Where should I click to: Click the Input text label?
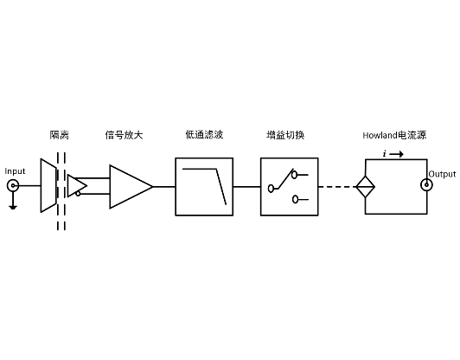(16, 171)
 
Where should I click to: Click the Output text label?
(442, 174)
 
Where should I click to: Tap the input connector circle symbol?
(13, 186)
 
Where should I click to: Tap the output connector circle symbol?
(425, 185)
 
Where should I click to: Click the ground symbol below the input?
(13, 206)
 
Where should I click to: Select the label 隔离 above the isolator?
(59, 135)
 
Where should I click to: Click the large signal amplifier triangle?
(128, 185)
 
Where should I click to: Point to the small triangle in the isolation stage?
(77, 185)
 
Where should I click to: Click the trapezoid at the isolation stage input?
(48, 185)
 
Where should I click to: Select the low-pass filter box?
(204, 186)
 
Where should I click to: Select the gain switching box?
(289, 186)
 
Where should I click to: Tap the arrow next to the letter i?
(396, 153)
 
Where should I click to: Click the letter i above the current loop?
(383, 153)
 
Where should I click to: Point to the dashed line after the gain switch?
(336, 186)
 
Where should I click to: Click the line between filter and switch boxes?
(246, 186)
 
